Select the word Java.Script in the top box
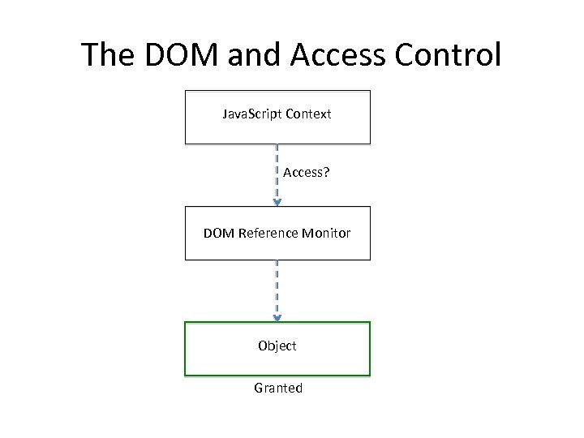[250, 114]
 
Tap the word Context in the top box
[306, 114]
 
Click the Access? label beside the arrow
[306, 173]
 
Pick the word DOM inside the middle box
[217, 234]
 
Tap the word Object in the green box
[277, 346]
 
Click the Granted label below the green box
[278, 389]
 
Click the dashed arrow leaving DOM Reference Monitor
[277, 288]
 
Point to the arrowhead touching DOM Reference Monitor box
[277, 202]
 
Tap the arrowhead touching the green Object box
[277, 318]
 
